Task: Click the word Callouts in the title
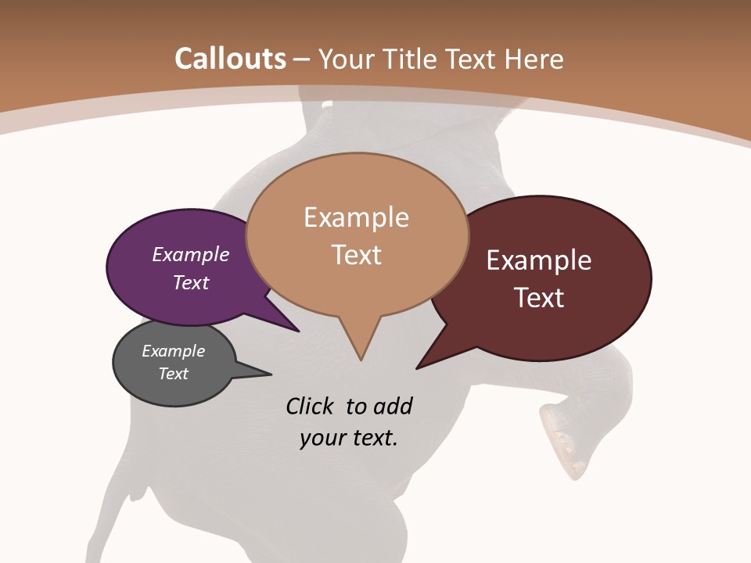(230, 59)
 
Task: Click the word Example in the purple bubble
(190, 254)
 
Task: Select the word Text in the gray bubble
(174, 374)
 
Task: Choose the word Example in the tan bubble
(356, 217)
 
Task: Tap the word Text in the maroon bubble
(540, 297)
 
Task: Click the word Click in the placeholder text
(311, 407)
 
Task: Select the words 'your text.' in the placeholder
(349, 438)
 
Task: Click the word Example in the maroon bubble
(539, 260)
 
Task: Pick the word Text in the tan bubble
(357, 255)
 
